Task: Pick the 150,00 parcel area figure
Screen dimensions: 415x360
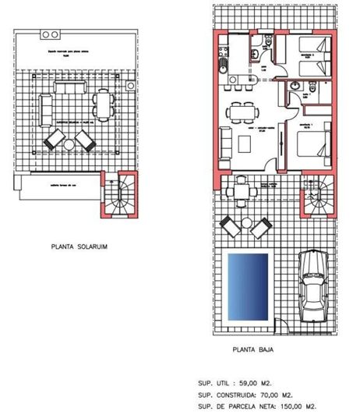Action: [x=298, y=406]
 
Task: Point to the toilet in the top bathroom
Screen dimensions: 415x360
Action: [x=256, y=52]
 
